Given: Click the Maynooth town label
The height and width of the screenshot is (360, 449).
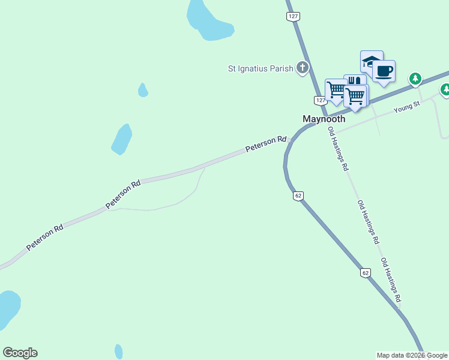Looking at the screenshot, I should coord(324,119).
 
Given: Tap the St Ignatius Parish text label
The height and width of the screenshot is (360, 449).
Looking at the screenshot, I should coord(261,68).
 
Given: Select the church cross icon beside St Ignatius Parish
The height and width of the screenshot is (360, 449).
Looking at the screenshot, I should coord(303,68).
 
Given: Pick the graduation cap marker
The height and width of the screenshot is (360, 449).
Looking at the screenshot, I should coord(371,61).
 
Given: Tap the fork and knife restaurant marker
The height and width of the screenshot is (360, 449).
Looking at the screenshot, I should coord(355,81).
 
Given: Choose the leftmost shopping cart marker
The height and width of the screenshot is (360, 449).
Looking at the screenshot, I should coord(336,90).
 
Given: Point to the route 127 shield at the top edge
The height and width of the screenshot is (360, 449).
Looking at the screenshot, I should coord(293,17).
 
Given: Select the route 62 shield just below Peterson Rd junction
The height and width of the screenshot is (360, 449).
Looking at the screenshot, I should coord(298,196).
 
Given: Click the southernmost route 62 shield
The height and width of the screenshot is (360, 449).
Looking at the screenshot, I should coord(366,273).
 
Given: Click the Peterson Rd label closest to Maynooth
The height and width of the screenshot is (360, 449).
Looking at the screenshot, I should coord(265,144).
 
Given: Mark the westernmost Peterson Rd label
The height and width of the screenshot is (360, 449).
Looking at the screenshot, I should coord(44,239).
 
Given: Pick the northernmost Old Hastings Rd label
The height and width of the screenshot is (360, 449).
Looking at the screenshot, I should coord(337,149).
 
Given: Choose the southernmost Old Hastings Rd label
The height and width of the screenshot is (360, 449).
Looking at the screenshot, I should coord(391,280).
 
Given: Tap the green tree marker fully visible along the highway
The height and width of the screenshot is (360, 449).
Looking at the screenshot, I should coord(415,79).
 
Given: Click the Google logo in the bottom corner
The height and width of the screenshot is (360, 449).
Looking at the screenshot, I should coord(20,353).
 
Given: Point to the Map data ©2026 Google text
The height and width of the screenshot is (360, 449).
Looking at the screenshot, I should coord(412,355).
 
